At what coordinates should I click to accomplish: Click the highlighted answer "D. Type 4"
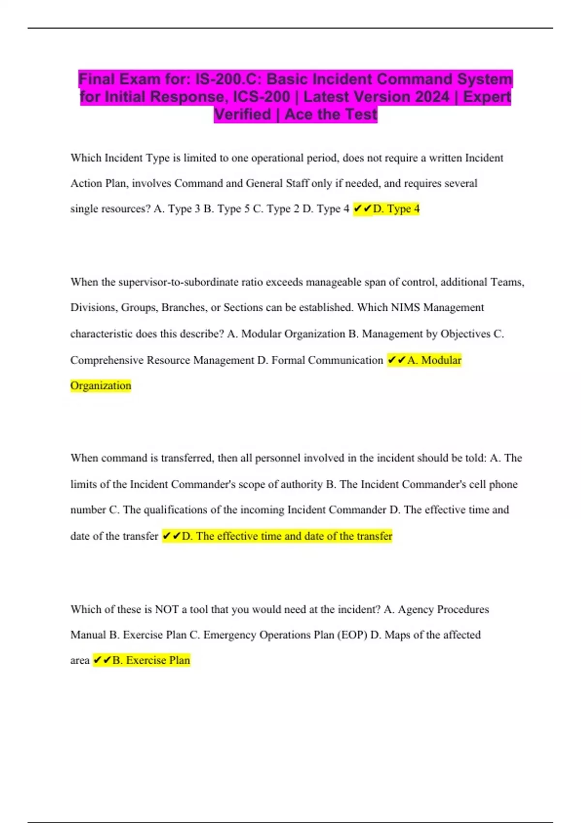(x=396, y=209)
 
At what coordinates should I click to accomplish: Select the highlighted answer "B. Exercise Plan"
(x=151, y=660)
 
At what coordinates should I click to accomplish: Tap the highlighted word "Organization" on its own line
(x=101, y=386)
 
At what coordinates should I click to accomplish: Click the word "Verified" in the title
(x=243, y=115)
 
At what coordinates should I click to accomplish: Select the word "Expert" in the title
(x=487, y=97)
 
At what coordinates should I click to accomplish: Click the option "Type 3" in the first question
(x=184, y=209)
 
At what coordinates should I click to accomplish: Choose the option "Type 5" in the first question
(x=233, y=209)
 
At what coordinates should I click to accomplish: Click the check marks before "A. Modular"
(x=397, y=360)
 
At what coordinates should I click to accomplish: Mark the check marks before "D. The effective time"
(x=171, y=536)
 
